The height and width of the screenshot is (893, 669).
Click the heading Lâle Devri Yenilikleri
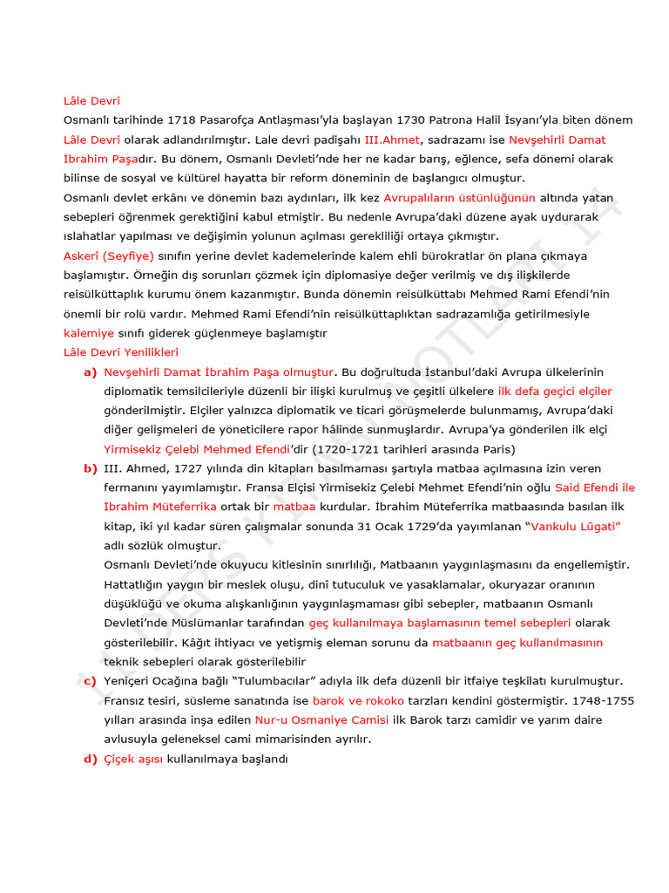[x=121, y=352]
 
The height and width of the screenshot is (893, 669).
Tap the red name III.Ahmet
[x=391, y=140]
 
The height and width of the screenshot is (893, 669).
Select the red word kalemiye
[x=89, y=333]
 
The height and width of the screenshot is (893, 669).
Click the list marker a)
[x=90, y=372]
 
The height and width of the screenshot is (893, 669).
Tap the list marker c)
[x=90, y=681]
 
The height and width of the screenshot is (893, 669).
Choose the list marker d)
[x=90, y=759]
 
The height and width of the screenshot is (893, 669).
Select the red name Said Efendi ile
[x=594, y=487]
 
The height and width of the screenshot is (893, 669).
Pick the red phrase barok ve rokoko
[x=358, y=700]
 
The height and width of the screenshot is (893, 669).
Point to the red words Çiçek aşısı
[x=133, y=759]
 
